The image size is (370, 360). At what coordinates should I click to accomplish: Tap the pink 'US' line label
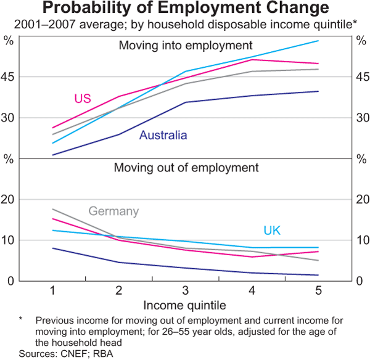[83, 99]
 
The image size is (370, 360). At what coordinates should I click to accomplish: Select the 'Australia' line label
[163, 135]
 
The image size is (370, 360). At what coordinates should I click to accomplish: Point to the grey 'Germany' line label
[113, 211]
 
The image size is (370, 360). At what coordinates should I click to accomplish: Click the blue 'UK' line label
[272, 231]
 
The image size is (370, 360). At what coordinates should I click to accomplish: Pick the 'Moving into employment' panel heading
[186, 46]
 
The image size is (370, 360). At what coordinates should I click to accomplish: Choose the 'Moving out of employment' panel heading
[186, 168]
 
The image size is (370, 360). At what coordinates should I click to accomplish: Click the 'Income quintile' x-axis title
[185, 305]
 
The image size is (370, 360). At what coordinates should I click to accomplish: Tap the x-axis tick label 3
[186, 291]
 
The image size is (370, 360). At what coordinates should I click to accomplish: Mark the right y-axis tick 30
[360, 118]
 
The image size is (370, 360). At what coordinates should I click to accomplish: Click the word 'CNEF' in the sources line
[74, 354]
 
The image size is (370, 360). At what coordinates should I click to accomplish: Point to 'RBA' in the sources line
[104, 354]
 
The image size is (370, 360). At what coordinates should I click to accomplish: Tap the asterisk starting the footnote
[21, 320]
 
